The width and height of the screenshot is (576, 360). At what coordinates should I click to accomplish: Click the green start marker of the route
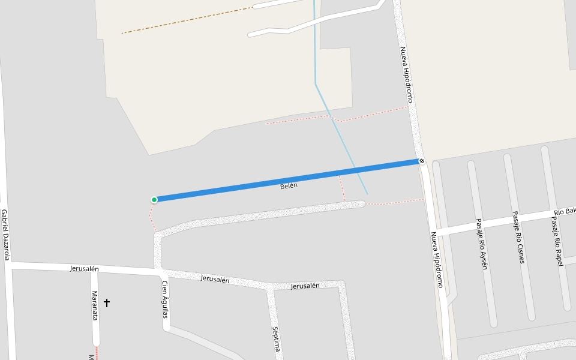pyautogui.click(x=154, y=200)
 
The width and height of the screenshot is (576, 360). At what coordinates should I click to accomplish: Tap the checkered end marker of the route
pyautogui.click(x=422, y=161)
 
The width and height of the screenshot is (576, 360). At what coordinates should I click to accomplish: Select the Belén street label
pyautogui.click(x=289, y=186)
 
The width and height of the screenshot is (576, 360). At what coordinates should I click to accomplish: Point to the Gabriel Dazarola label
pyautogui.click(x=5, y=235)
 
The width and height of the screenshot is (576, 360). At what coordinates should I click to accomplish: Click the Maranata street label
pyautogui.click(x=94, y=305)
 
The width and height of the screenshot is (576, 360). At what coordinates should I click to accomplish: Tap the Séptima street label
pyautogui.click(x=276, y=339)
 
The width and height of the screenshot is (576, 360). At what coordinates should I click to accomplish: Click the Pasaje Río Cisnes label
pyautogui.click(x=518, y=237)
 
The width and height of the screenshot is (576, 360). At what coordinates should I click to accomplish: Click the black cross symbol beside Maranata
pyautogui.click(x=107, y=303)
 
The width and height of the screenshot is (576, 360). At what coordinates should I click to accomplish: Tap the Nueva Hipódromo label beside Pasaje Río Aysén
pyautogui.click(x=437, y=260)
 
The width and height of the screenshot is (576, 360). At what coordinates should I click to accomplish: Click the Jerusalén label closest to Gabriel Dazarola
pyautogui.click(x=84, y=269)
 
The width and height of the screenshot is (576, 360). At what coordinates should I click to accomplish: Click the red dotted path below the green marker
pyautogui.click(x=152, y=217)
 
